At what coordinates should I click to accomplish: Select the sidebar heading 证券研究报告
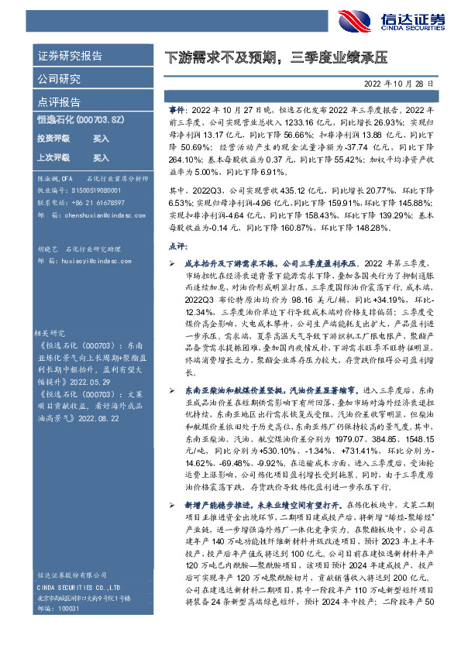(70, 57)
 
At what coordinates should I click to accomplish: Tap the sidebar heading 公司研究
(59, 79)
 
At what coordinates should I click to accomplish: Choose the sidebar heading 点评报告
(59, 101)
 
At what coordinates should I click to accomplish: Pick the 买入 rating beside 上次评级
(101, 157)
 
